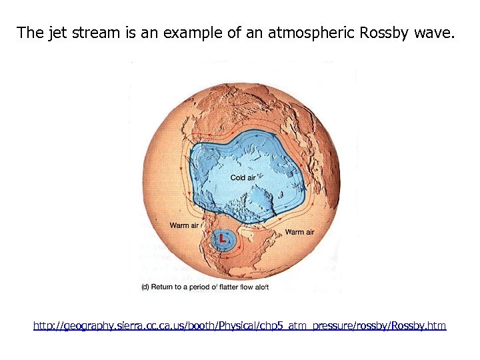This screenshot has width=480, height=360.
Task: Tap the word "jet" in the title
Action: [57, 32]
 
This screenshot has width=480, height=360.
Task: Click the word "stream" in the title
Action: [97, 32]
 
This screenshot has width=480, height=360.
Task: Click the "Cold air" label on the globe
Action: [243, 177]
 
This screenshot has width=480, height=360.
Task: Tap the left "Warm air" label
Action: [184, 225]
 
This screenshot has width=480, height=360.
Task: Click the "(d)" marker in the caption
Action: [147, 287]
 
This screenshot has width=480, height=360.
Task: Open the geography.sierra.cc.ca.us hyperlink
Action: [240, 326]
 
